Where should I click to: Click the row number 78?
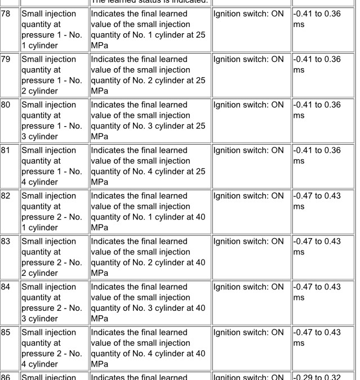point(6,14)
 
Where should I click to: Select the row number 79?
point(6,59)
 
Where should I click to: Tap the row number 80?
point(6,105)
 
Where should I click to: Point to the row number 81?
point(6,150)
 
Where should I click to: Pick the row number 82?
point(6,196)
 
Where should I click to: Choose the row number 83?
point(6,242)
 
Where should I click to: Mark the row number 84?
point(6,287)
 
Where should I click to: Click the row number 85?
point(6,333)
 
